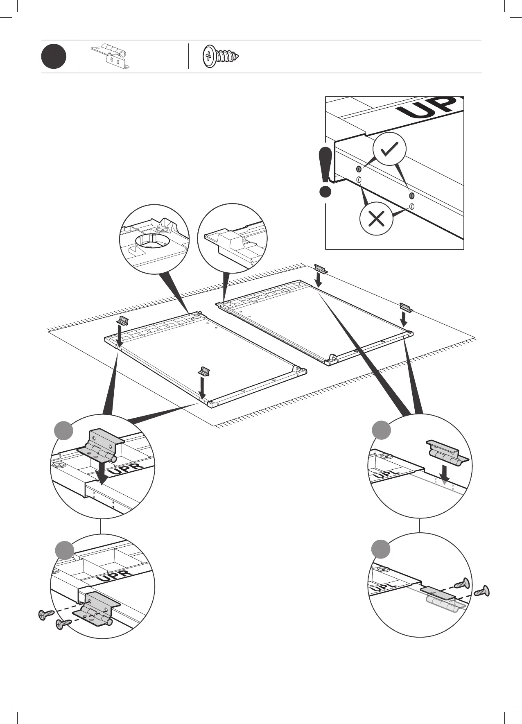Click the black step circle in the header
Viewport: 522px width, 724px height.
coord(54,57)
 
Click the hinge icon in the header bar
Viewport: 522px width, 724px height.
coord(110,55)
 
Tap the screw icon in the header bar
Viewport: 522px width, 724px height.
coord(221,56)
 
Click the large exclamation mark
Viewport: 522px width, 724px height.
coord(325,172)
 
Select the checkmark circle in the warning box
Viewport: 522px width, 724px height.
coord(389,149)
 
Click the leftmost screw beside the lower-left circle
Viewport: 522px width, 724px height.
coord(46,614)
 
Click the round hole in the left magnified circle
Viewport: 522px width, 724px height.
coord(154,240)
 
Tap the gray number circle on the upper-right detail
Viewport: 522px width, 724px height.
coord(381,430)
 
